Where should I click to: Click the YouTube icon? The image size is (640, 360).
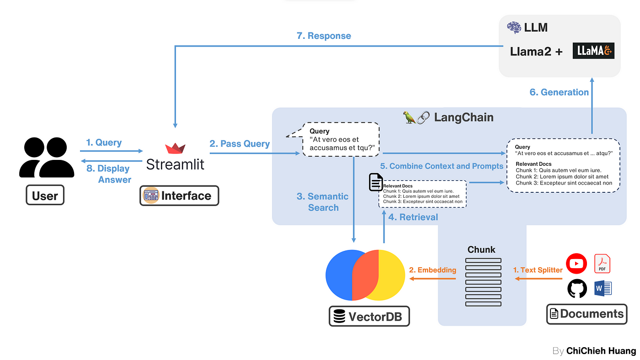576,264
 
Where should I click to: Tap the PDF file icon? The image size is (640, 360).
602,264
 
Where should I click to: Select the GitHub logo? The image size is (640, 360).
577,289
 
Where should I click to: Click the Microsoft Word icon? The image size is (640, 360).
603,288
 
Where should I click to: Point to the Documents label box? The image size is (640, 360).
587,314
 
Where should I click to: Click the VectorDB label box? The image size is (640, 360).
369,316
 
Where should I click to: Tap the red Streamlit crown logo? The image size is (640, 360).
175,148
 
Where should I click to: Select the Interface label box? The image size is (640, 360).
179,196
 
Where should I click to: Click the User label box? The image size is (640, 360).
45,196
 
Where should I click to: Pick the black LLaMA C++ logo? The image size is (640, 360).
593,52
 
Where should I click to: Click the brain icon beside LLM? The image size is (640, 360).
514,27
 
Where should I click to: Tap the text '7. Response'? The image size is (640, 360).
324,36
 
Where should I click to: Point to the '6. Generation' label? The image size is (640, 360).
559,92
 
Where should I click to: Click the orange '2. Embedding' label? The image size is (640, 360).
432,270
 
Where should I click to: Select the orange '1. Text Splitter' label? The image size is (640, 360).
538,270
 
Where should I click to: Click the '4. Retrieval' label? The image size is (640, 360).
413,217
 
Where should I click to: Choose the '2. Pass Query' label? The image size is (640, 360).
240,143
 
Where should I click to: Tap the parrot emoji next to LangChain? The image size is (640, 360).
409,117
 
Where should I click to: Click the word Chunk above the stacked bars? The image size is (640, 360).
481,249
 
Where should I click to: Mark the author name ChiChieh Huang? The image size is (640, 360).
601,351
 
